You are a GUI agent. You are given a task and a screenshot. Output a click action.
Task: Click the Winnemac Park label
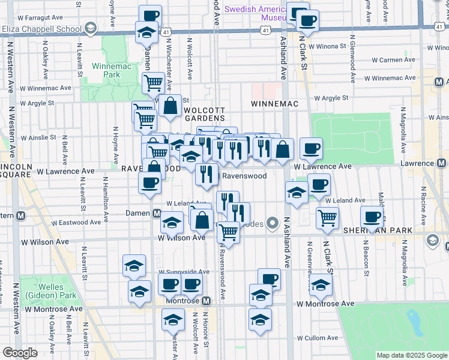(111, 71)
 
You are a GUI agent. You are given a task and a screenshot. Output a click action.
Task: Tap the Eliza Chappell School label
(42, 28)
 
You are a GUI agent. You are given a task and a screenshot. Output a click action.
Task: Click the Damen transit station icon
(156, 213)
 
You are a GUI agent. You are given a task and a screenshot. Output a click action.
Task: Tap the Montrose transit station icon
(206, 300)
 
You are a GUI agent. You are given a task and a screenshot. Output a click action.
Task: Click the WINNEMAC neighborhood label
(274, 104)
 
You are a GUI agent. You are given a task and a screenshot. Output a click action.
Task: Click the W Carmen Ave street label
(394, 60)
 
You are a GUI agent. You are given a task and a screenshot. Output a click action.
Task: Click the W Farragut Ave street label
(41, 17)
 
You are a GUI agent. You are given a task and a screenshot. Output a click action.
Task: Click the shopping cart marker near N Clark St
(327, 218)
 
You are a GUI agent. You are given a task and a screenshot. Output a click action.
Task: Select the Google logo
(20, 353)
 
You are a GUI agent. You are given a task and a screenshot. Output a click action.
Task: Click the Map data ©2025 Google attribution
(411, 355)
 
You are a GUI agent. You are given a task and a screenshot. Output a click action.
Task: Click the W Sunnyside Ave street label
(184, 272)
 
